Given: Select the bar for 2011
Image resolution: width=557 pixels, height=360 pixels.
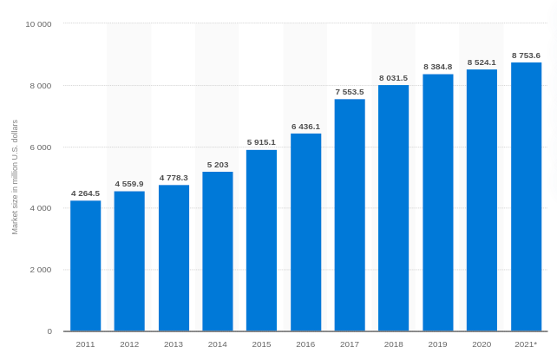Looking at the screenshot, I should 85,265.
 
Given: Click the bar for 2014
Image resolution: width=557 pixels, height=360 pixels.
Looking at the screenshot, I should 218,252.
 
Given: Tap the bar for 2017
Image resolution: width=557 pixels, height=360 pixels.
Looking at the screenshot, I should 350,215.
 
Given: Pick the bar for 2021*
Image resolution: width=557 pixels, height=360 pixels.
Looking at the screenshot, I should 526,197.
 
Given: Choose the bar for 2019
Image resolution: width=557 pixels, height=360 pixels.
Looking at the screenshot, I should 437,202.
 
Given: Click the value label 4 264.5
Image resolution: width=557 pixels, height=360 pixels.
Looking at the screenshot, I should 85,193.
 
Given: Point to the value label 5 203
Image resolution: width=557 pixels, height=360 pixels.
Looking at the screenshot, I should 218,164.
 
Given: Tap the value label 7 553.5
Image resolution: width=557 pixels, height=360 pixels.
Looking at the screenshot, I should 350,91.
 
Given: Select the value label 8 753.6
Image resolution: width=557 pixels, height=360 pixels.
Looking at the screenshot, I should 526,55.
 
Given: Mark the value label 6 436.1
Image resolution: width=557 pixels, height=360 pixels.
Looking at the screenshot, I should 305,126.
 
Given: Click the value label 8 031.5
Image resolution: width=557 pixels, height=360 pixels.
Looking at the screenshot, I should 393,77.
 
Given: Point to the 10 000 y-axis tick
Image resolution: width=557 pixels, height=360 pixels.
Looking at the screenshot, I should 38,24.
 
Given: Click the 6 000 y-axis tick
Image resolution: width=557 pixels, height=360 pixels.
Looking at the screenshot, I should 41,147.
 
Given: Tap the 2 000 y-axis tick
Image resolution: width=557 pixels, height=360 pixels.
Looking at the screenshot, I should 41,269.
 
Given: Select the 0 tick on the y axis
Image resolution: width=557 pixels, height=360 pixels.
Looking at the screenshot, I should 49,331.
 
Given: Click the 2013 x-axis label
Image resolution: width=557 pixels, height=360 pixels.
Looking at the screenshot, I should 174,344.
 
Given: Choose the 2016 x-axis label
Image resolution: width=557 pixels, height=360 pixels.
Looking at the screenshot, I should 305,344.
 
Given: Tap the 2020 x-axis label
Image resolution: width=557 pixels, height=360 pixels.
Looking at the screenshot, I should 482,344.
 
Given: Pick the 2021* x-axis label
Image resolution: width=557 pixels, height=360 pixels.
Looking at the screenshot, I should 526,344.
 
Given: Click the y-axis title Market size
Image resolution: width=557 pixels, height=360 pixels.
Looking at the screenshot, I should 15,177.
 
